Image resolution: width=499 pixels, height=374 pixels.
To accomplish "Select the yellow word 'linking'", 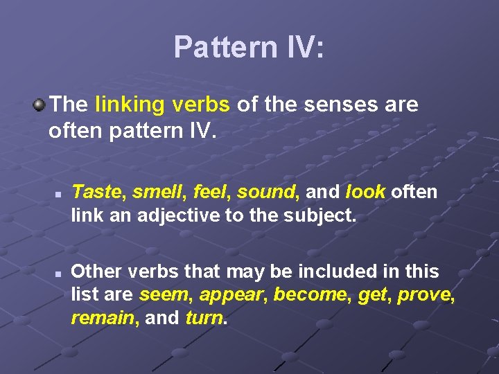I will point(128,105).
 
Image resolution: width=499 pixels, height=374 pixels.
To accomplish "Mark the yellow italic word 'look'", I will point(365,191).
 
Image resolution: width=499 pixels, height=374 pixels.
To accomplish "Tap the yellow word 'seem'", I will point(164,294).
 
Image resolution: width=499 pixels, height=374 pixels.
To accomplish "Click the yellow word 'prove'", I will point(428,294).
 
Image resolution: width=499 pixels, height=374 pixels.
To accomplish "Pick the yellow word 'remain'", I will point(103,318).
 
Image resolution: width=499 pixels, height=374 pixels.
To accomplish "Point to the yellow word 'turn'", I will point(204,318).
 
